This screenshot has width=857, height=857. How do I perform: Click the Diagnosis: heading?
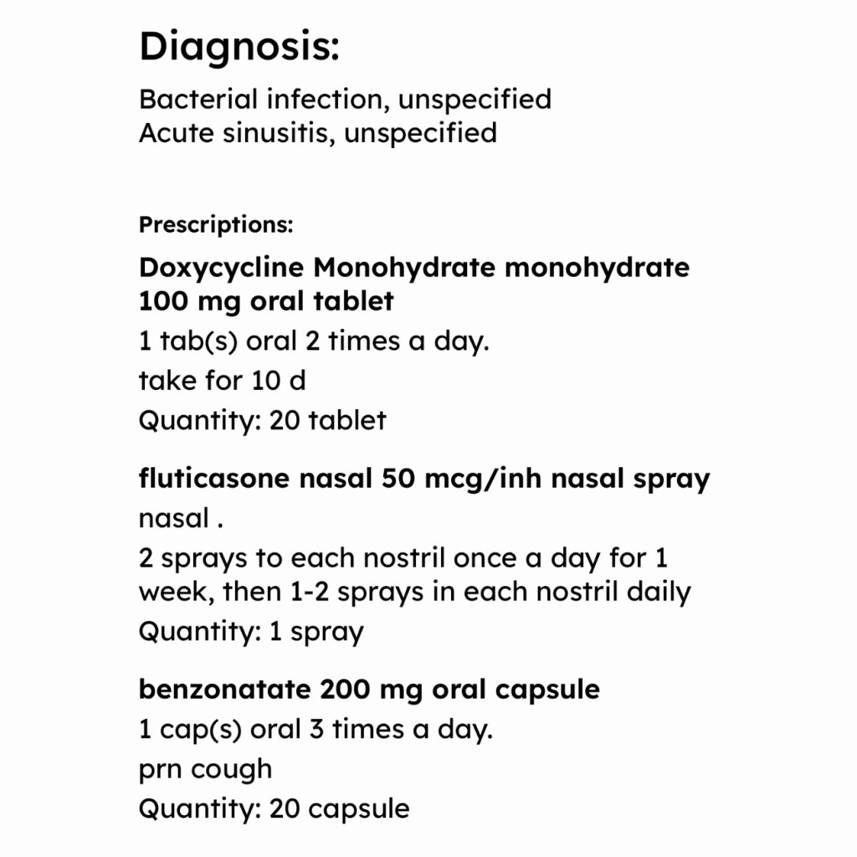[239, 47]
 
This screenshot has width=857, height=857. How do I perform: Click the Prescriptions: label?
[216, 225]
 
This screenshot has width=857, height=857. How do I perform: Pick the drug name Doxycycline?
[222, 268]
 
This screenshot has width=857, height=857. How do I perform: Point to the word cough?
[232, 769]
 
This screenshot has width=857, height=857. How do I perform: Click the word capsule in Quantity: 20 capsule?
[359, 808]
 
